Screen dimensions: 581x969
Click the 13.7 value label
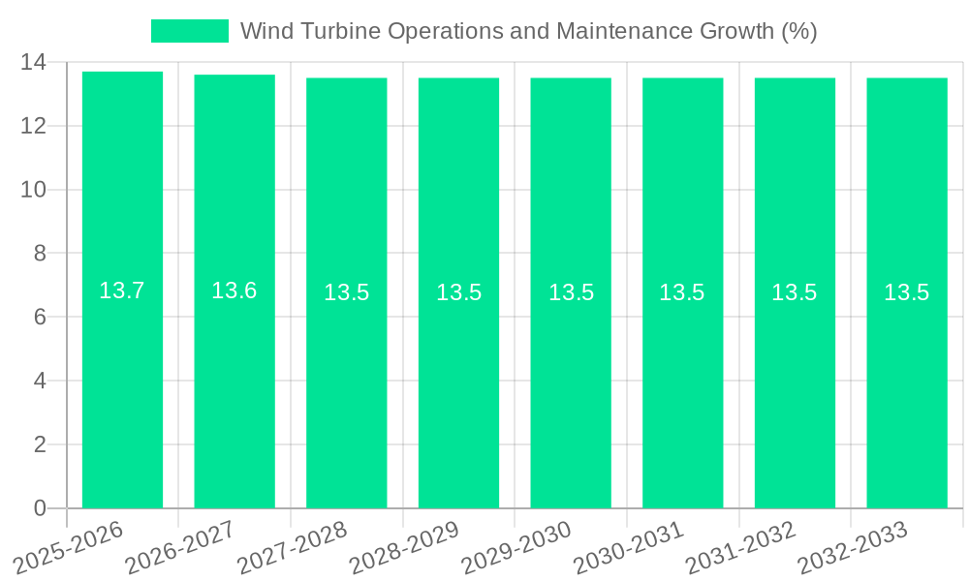pos(122,290)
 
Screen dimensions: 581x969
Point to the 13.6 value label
pos(234,290)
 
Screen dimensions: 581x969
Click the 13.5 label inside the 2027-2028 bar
pos(347,292)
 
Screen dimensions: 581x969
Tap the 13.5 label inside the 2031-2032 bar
pos(795,292)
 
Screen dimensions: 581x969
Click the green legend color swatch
pos(190,31)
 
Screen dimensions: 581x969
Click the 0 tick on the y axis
pos(40,508)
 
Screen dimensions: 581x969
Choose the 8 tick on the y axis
pos(40,254)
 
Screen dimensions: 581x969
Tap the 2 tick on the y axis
pos(40,444)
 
